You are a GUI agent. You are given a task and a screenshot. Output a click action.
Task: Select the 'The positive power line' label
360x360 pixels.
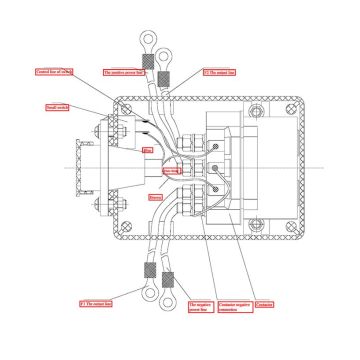pos(123,73)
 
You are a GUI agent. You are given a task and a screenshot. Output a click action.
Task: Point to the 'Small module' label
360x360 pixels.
pos(57,107)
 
